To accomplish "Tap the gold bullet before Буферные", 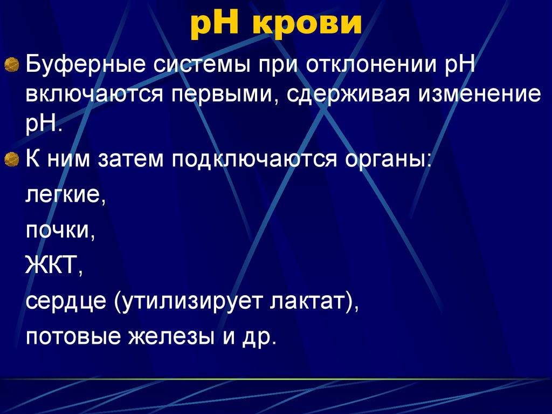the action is point(12,65).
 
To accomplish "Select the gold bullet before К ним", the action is point(12,160).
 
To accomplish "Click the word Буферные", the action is point(85,66).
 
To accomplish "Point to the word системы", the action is point(202,65).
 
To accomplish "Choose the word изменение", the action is point(479,94).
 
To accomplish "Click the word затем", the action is point(130,159).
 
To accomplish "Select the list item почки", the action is point(60,230).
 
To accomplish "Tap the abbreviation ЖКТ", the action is point(54,264).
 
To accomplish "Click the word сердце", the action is point(65,301).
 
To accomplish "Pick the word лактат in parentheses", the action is point(307,301).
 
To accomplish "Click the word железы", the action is point(171,336).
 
